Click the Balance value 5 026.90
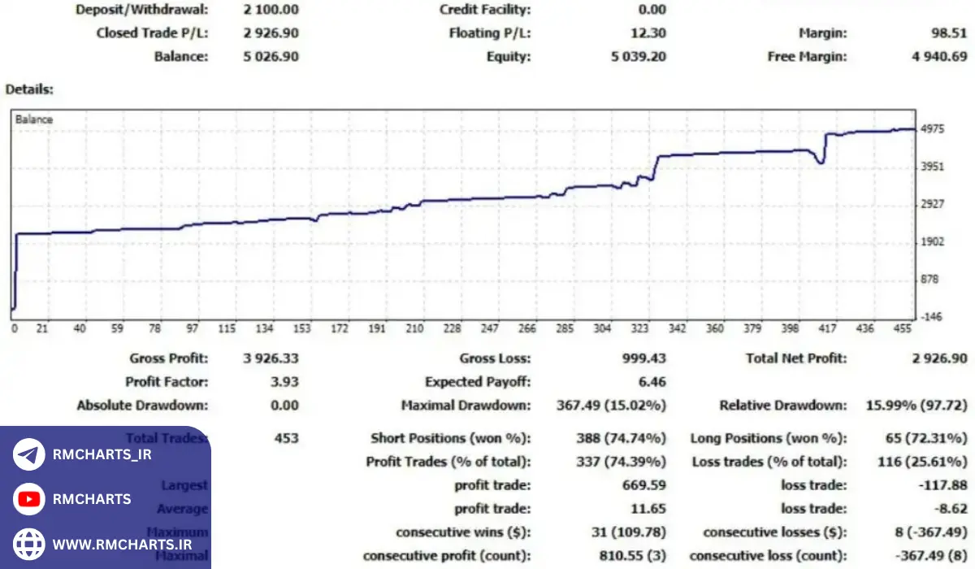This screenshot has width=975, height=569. tap(271, 57)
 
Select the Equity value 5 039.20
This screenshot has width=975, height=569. tap(638, 57)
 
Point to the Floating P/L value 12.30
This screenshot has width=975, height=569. tap(648, 33)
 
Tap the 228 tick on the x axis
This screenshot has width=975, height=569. tap(453, 329)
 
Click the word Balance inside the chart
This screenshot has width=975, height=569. tap(34, 119)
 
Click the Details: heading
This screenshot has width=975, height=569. tap(29, 89)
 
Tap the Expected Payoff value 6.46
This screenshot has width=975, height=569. tap(653, 382)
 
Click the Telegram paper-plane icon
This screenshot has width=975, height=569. tap(29, 454)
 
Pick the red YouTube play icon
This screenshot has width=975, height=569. tap(29, 499)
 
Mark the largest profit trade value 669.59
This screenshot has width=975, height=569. tap(643, 485)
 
